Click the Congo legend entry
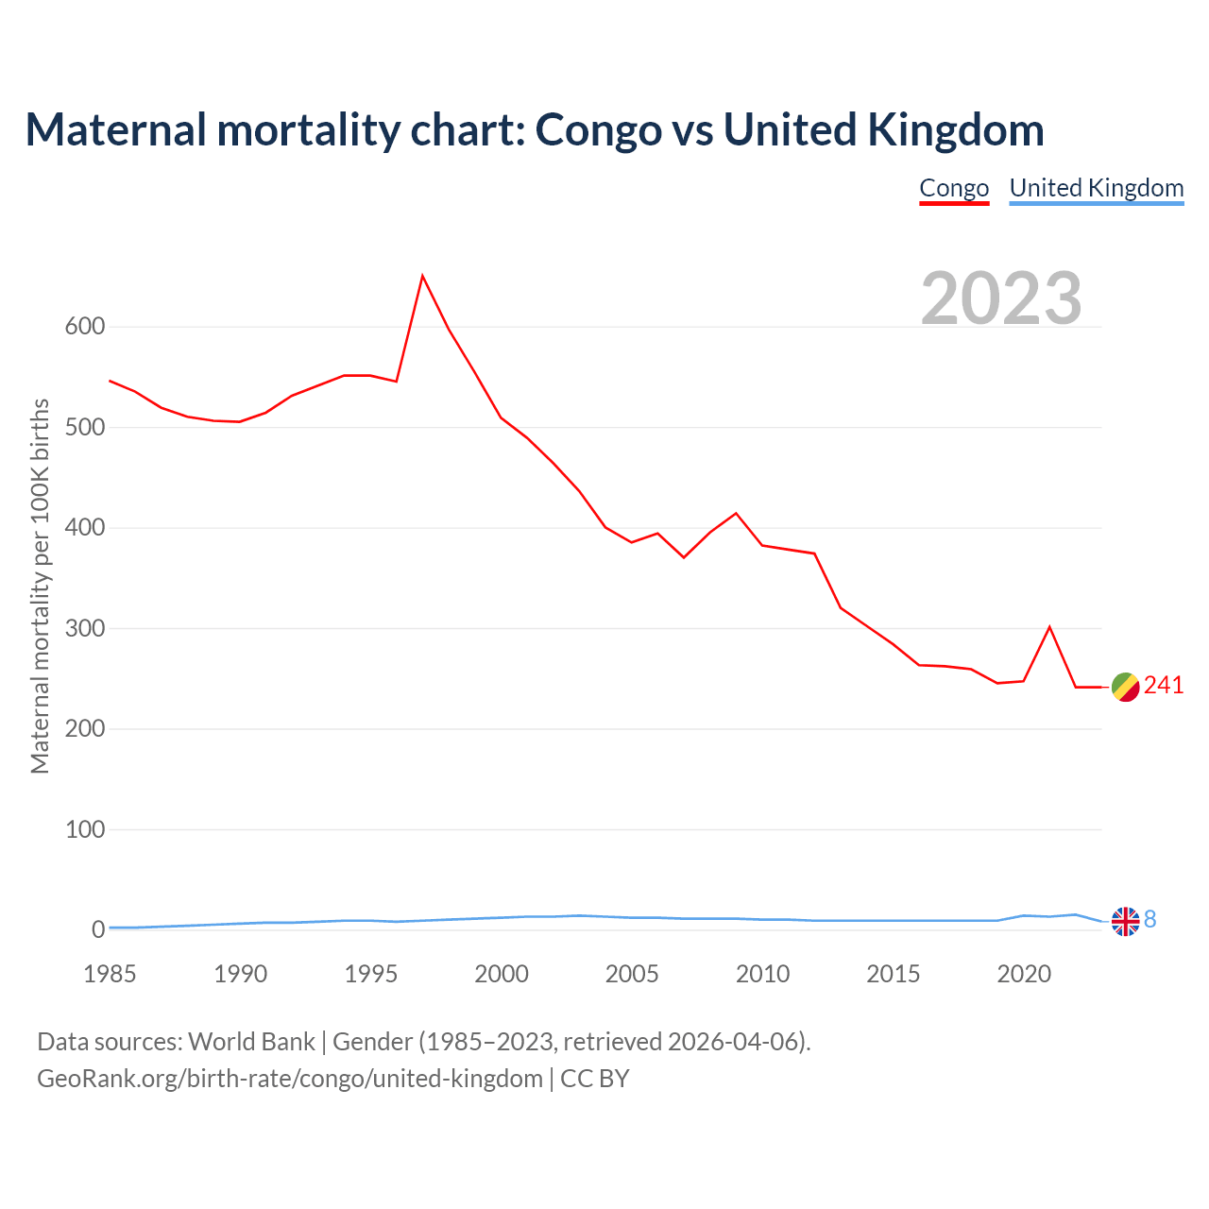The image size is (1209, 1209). [x=954, y=188]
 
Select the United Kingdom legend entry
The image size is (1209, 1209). [x=1096, y=188]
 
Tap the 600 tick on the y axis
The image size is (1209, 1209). [x=85, y=327]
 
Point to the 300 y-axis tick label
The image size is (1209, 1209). [x=85, y=628]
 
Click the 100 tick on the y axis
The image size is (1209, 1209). [x=85, y=829]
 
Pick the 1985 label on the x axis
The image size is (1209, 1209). [x=110, y=974]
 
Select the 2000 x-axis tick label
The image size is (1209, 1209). [x=502, y=974]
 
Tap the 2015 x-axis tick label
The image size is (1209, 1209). [x=893, y=974]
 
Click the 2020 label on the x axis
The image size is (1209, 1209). [x=1024, y=974]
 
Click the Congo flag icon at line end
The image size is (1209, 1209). [x=1125, y=688]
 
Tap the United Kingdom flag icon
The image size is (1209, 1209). [x=1125, y=921]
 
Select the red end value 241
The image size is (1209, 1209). [x=1164, y=686]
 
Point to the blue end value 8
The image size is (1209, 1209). [x=1150, y=919]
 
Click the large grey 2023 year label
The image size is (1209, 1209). [x=1001, y=298]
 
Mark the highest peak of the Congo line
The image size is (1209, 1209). [x=422, y=276]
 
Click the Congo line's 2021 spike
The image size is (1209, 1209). [x=1049, y=627]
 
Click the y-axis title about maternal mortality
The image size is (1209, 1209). [x=40, y=586]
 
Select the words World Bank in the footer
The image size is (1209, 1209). [x=251, y=1042]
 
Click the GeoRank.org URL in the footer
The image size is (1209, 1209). [x=290, y=1079]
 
